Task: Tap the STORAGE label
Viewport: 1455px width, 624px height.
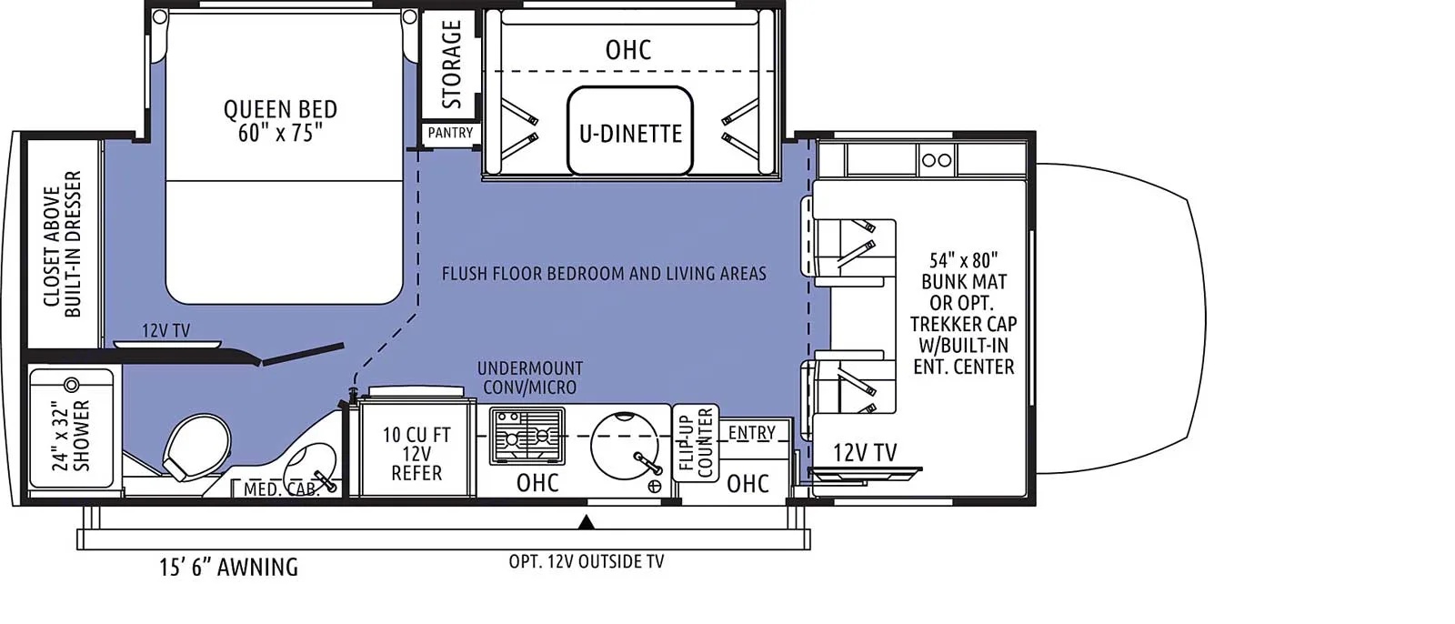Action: pos(451,64)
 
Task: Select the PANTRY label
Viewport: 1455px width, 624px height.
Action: pos(450,133)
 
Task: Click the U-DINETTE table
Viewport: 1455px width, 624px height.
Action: pos(629,131)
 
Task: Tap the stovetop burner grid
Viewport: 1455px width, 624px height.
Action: pos(527,436)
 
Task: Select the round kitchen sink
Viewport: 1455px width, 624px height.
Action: pos(624,446)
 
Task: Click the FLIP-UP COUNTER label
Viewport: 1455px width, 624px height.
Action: pos(696,443)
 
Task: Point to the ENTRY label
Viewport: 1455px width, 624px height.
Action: pos(751,433)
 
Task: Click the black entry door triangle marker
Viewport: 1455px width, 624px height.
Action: pos(587,522)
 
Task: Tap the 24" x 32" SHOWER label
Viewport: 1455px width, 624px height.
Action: pos(71,435)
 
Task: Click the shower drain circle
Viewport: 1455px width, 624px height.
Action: pos(72,386)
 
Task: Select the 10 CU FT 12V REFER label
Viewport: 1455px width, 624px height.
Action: pos(416,454)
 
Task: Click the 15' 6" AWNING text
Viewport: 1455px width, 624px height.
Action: pos(228,567)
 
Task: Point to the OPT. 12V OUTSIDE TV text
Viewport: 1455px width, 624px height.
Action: pos(587,561)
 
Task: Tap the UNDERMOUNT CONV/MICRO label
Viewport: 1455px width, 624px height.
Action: pos(530,377)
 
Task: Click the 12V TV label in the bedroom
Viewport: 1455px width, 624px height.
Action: pos(166,331)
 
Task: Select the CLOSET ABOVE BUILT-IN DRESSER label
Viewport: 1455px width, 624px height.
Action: pos(63,245)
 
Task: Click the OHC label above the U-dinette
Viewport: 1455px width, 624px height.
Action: pos(628,50)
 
